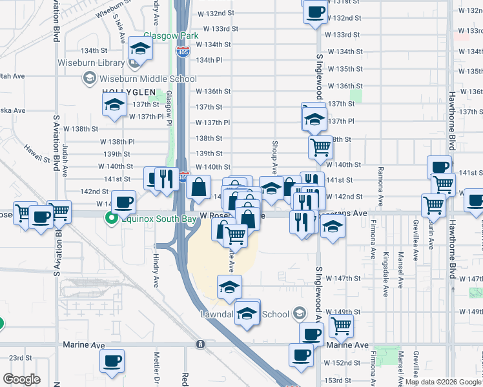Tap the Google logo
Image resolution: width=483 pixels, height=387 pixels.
click(x=21, y=379)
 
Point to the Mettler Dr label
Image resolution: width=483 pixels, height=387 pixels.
click(x=156, y=368)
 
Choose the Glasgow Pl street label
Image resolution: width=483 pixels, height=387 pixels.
click(x=169, y=104)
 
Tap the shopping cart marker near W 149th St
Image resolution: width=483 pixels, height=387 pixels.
click(x=341, y=326)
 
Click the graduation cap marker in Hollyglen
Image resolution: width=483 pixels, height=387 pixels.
click(x=115, y=104)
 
